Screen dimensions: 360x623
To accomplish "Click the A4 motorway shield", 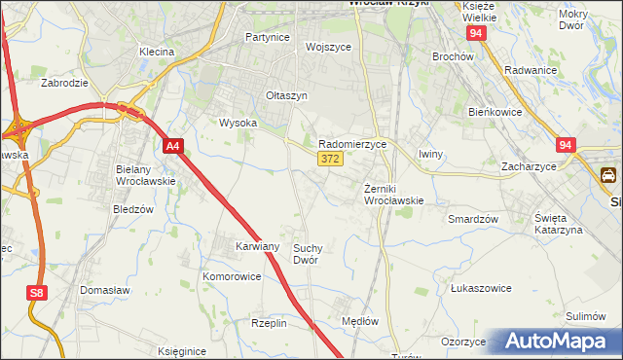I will (172, 146).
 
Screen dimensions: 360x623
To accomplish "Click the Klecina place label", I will (156, 51).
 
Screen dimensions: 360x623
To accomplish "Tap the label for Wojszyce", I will (327, 46).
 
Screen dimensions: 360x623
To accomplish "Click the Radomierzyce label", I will (353, 143).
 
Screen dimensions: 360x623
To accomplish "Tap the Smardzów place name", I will (473, 219).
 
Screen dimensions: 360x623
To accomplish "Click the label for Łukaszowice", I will (481, 288).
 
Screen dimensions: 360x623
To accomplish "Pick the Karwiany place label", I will (258, 246).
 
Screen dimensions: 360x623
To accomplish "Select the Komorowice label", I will (232, 276).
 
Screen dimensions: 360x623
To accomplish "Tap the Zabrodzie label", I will (66, 83).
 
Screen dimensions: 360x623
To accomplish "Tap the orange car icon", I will (608, 175).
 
